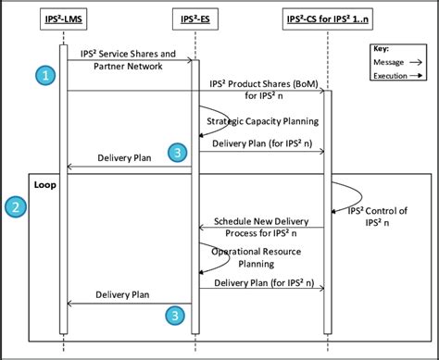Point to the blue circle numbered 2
(x=16, y=207)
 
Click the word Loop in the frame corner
(x=44, y=184)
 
